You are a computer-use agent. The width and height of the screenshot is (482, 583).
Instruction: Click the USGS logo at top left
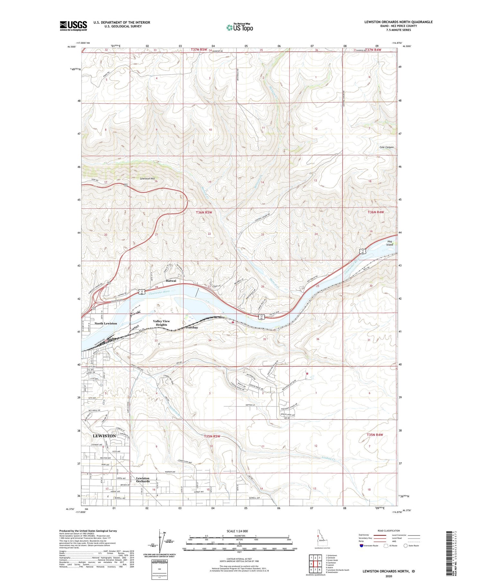tap(73, 26)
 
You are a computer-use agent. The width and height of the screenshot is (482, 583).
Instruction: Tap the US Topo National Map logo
tap(239, 27)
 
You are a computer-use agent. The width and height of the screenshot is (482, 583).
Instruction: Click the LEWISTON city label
tap(104, 436)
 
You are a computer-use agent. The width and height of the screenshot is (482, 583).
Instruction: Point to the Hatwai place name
tap(171, 281)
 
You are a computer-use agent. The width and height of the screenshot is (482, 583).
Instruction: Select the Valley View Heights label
tap(161, 323)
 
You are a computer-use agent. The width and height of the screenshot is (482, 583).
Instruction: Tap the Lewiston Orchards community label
tap(143, 480)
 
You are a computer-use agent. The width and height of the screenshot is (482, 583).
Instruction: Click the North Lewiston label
tap(106, 323)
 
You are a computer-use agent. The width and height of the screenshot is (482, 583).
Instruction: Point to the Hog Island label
tap(390, 243)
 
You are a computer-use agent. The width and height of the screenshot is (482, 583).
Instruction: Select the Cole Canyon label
tap(386, 147)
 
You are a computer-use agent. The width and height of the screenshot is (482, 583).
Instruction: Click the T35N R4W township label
tap(375, 435)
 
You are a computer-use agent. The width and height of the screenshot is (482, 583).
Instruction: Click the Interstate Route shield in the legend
tap(362, 546)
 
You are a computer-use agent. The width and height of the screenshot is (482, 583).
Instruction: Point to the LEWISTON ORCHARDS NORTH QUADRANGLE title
tap(398, 22)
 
